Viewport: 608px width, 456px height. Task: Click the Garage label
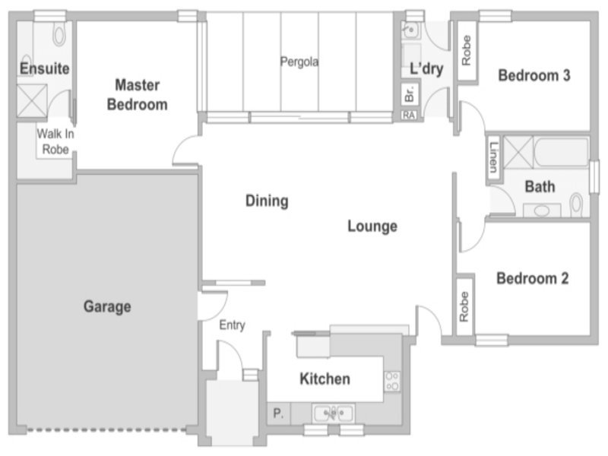pos(107,306)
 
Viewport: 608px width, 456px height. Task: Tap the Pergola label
pos(299,62)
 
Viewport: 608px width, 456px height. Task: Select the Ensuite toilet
pos(59,35)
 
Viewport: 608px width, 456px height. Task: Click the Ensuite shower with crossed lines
pos(32,101)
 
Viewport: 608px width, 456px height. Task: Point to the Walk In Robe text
pos(55,141)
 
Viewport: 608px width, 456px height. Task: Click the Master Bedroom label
pos(138,94)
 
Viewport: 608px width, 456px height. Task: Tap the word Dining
pos(267,201)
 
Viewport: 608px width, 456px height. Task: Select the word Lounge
pos(372,226)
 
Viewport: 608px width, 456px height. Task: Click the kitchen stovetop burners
pos(392,382)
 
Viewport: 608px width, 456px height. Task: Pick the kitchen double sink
pos(334,413)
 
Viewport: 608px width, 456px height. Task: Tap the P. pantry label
pos(278,413)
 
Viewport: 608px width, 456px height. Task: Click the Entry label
pos(232,325)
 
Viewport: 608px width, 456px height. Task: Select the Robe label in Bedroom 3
pos(466,50)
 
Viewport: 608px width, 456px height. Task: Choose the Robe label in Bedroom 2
pos(464,307)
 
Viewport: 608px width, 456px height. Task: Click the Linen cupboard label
pos(493,157)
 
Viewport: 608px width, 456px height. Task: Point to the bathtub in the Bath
pos(561,151)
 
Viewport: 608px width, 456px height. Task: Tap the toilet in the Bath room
pos(576,204)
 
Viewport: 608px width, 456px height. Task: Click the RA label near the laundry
pos(409,116)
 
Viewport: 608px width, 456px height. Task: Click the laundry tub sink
pos(410,30)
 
